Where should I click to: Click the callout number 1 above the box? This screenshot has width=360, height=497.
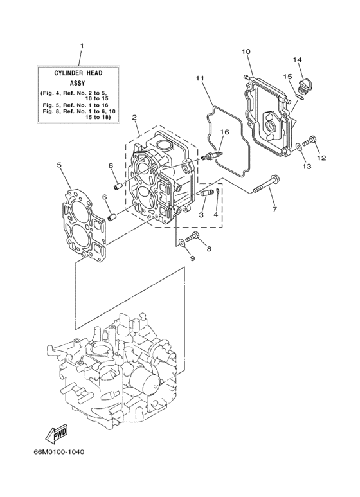(x=82, y=46)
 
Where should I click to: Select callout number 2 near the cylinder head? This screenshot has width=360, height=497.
(x=134, y=118)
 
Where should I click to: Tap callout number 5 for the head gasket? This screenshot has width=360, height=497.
(x=59, y=165)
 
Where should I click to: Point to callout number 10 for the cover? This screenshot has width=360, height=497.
(x=246, y=51)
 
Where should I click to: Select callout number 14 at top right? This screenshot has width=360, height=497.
(x=298, y=60)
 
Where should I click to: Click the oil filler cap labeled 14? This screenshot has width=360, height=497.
(x=305, y=84)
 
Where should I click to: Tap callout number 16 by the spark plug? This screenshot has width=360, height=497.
(x=224, y=132)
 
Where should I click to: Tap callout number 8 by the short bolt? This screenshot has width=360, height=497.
(x=208, y=248)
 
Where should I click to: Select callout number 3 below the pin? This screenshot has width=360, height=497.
(x=201, y=214)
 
